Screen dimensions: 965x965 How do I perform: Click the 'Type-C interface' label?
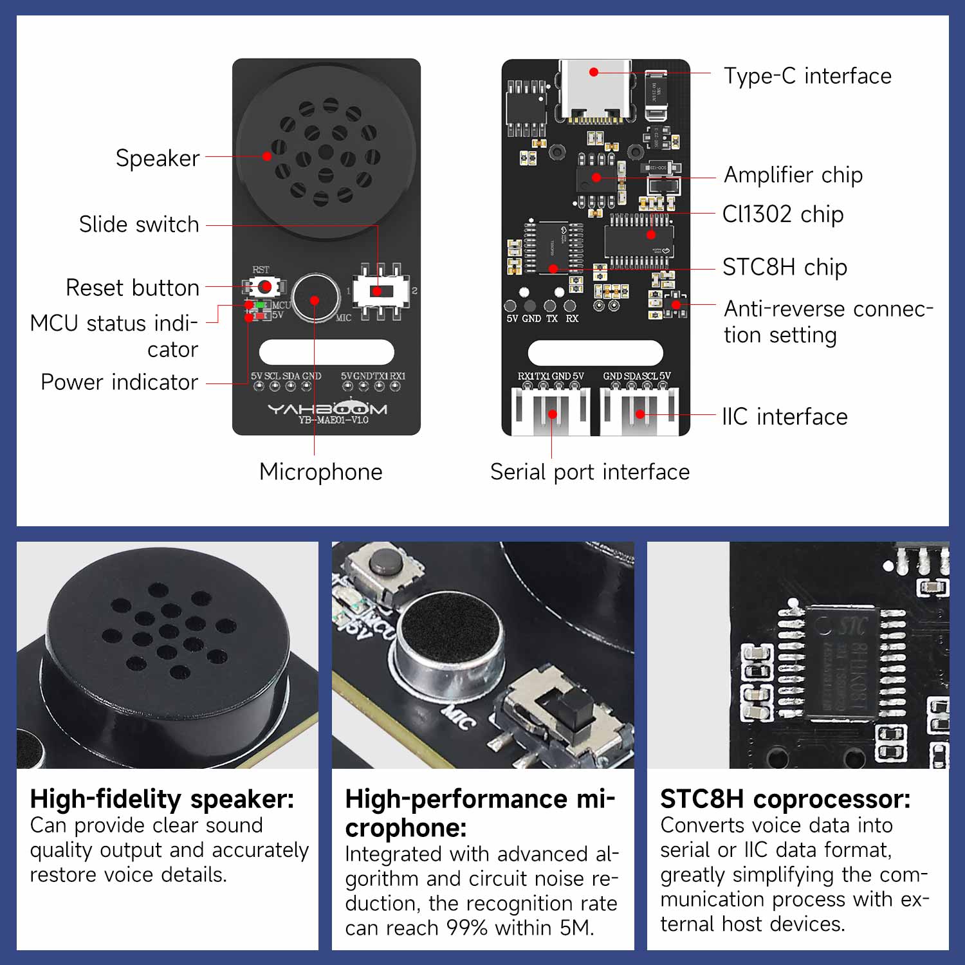point(807,76)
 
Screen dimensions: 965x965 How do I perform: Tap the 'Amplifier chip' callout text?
point(793,175)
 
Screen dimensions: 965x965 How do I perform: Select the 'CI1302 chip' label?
point(782,214)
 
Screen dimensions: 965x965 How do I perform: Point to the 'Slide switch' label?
point(139,225)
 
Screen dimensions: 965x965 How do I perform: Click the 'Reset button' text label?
point(133,288)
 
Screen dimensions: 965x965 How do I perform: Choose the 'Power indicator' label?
point(120,382)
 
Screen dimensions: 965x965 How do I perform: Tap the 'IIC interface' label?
point(784,417)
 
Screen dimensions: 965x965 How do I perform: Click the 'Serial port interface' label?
point(589,472)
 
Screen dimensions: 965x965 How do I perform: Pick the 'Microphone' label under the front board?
point(320,472)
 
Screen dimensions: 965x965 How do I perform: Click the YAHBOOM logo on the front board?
point(327,409)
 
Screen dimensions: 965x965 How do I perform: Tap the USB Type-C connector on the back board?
point(594,90)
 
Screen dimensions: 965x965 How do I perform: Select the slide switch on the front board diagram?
point(381,291)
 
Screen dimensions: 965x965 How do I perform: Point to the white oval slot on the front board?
point(326,352)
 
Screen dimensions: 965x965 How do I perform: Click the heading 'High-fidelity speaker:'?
point(162,799)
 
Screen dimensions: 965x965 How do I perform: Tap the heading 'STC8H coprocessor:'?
point(785,799)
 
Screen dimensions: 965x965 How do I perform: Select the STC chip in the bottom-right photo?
point(843,663)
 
